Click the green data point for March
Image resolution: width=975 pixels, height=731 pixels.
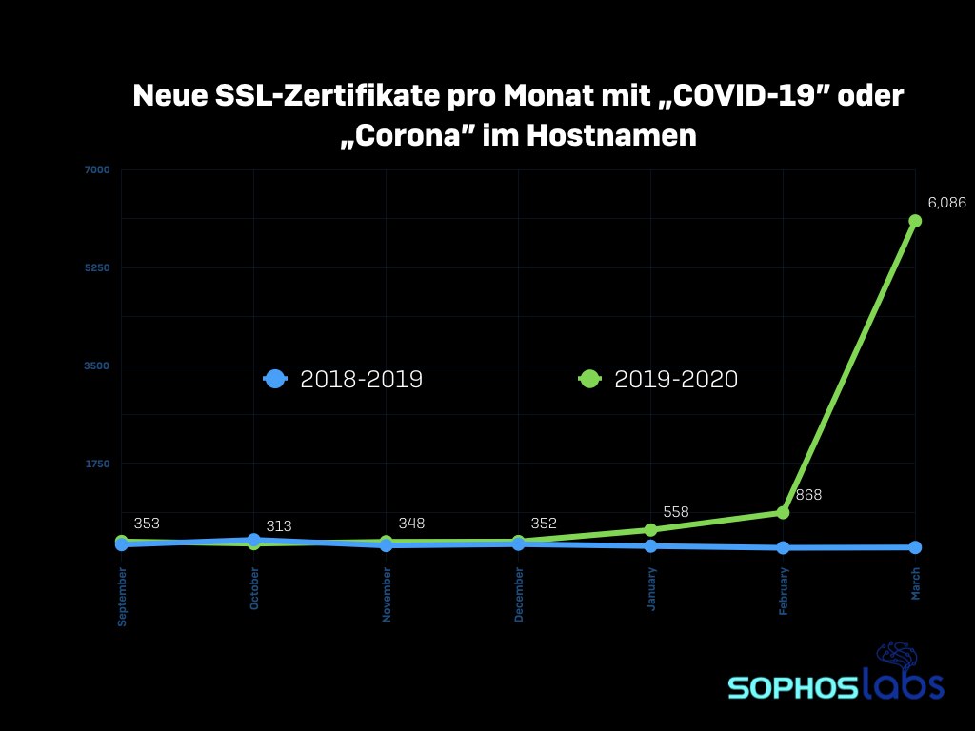tap(915, 221)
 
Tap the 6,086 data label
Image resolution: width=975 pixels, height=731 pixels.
tap(946, 203)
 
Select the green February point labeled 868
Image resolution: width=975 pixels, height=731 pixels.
tap(783, 512)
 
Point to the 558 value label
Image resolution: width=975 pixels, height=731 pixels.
tap(676, 512)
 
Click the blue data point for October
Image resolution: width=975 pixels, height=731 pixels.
tap(254, 540)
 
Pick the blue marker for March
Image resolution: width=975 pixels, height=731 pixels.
tap(915, 547)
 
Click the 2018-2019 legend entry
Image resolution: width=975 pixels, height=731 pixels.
tap(344, 379)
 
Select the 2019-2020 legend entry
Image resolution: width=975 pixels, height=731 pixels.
tap(659, 379)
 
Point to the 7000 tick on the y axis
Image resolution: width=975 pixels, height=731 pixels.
tap(97, 170)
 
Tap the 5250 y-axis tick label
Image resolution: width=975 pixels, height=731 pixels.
tap(97, 267)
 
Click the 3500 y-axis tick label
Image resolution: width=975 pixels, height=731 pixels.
tap(97, 365)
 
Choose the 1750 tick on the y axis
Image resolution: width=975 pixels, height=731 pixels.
tap(97, 464)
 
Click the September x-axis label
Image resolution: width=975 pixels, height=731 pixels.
tap(122, 596)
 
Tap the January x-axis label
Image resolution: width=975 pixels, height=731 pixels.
tap(651, 590)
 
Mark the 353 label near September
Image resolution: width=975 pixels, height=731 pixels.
tap(147, 524)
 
